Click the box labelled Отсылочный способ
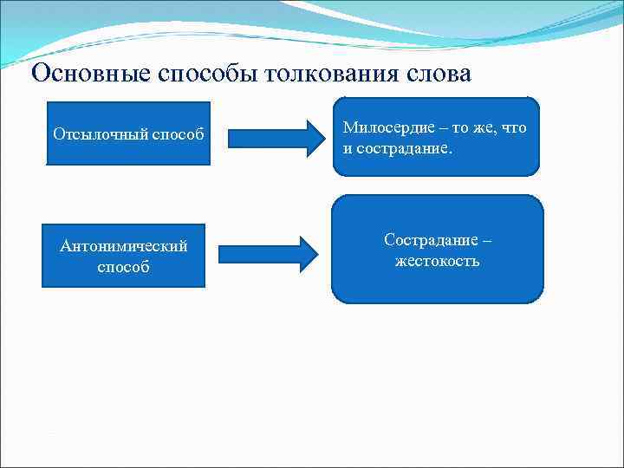tap(128, 134)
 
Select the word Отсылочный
tap(100, 135)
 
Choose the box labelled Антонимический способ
tap(123, 256)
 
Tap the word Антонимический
tap(123, 246)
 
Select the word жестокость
tap(437, 260)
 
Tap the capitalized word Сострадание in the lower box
tap(429, 239)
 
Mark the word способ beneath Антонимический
tap(123, 267)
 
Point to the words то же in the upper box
tap(467, 127)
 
